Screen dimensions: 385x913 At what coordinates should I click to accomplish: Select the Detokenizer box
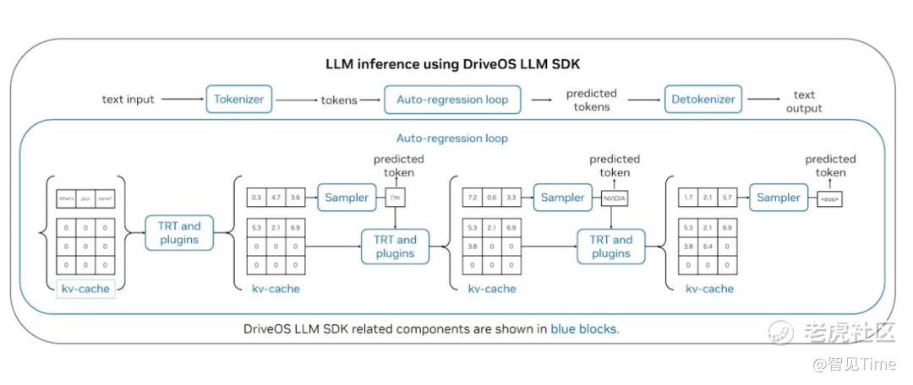[703, 99]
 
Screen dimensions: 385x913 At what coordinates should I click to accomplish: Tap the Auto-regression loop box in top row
[452, 99]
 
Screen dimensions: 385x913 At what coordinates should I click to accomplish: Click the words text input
[128, 99]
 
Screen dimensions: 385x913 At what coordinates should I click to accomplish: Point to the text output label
[804, 101]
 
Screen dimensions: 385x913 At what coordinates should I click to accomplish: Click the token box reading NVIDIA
[614, 199]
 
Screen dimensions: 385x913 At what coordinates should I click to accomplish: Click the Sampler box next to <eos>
[778, 198]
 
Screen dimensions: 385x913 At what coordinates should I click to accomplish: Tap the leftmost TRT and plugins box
[180, 232]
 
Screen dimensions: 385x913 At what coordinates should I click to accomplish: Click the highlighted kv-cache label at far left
[85, 289]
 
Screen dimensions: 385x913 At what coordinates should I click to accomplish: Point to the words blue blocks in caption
[584, 328]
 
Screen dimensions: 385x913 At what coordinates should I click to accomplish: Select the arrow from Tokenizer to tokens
[295, 100]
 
